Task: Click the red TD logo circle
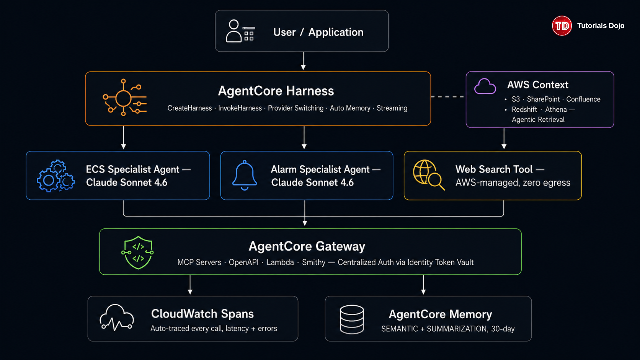point(562,26)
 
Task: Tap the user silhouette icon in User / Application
point(234,31)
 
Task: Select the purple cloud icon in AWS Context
point(485,86)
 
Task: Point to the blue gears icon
point(56,176)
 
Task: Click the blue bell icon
point(245,175)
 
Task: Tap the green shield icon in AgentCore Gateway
point(138,252)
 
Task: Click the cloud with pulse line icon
point(117,318)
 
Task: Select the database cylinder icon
point(352,319)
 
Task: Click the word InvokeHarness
point(240,108)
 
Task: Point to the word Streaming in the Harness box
point(392,108)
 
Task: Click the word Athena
point(556,109)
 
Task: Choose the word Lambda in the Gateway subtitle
point(280,262)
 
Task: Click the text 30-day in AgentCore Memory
point(503,329)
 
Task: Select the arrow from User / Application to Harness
point(303,61)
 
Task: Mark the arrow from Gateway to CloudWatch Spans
point(190,285)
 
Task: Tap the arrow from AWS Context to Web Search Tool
point(504,139)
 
